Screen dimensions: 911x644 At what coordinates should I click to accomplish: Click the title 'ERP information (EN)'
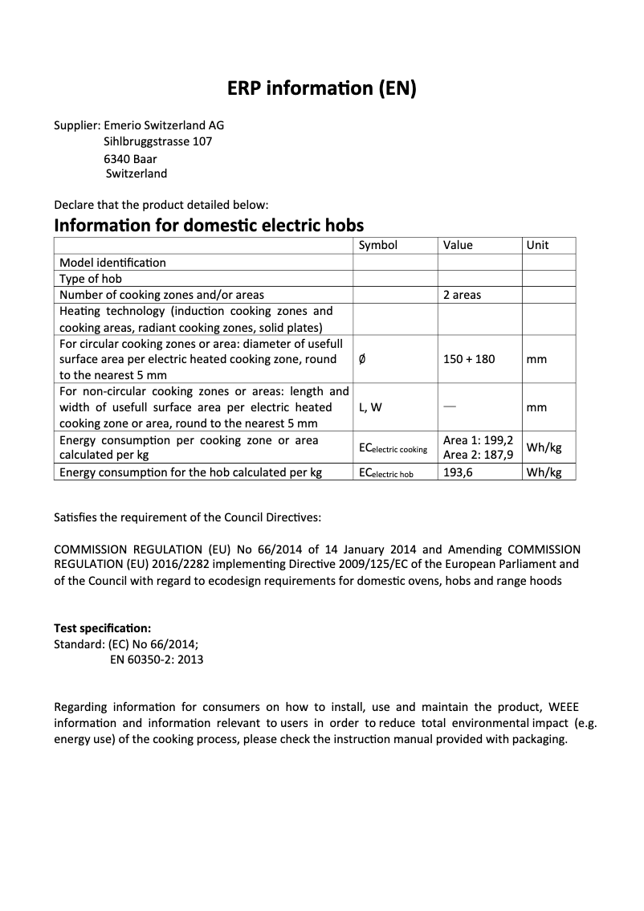[x=321, y=89]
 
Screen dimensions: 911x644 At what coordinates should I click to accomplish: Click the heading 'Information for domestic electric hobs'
[x=209, y=225]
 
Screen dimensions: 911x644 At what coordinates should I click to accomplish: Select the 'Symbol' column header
[x=377, y=245]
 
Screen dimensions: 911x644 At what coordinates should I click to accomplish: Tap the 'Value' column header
[x=458, y=245]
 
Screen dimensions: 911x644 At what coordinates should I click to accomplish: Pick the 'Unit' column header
[x=537, y=245]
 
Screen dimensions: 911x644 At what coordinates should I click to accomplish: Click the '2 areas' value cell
[x=462, y=295]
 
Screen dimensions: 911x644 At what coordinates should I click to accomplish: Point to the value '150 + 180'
[x=469, y=359]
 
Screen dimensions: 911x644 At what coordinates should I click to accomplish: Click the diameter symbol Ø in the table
[x=363, y=359]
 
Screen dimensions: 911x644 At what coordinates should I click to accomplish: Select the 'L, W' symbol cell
[x=370, y=407]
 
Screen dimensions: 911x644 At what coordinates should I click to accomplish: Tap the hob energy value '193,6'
[x=458, y=472]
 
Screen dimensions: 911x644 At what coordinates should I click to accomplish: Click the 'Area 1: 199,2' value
[x=478, y=441]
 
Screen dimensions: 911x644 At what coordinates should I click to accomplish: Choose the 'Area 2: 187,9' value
[x=478, y=455]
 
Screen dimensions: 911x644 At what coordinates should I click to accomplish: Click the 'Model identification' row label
[x=112, y=263]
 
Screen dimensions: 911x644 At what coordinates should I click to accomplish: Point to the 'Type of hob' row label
[x=91, y=279]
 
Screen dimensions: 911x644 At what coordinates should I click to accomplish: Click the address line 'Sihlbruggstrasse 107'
[x=158, y=141]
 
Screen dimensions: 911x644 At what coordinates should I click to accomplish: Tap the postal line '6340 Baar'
[x=130, y=158]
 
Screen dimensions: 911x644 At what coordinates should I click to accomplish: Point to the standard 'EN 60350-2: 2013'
[x=156, y=660]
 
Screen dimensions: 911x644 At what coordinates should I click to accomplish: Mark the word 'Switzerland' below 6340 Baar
[x=137, y=174]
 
